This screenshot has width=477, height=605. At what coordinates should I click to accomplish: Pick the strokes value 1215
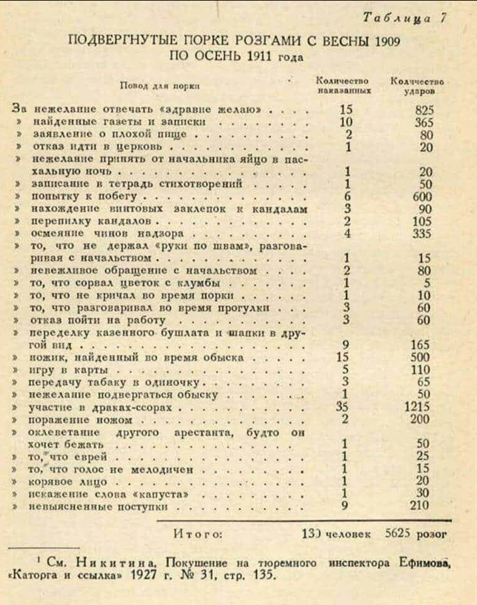418,406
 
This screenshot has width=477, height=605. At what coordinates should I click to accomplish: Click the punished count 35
343,406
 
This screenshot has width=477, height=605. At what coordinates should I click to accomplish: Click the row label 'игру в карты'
53,370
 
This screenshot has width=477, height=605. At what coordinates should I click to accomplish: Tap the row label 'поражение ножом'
71,420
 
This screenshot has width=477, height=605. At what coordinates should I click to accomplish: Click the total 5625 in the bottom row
399,534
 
